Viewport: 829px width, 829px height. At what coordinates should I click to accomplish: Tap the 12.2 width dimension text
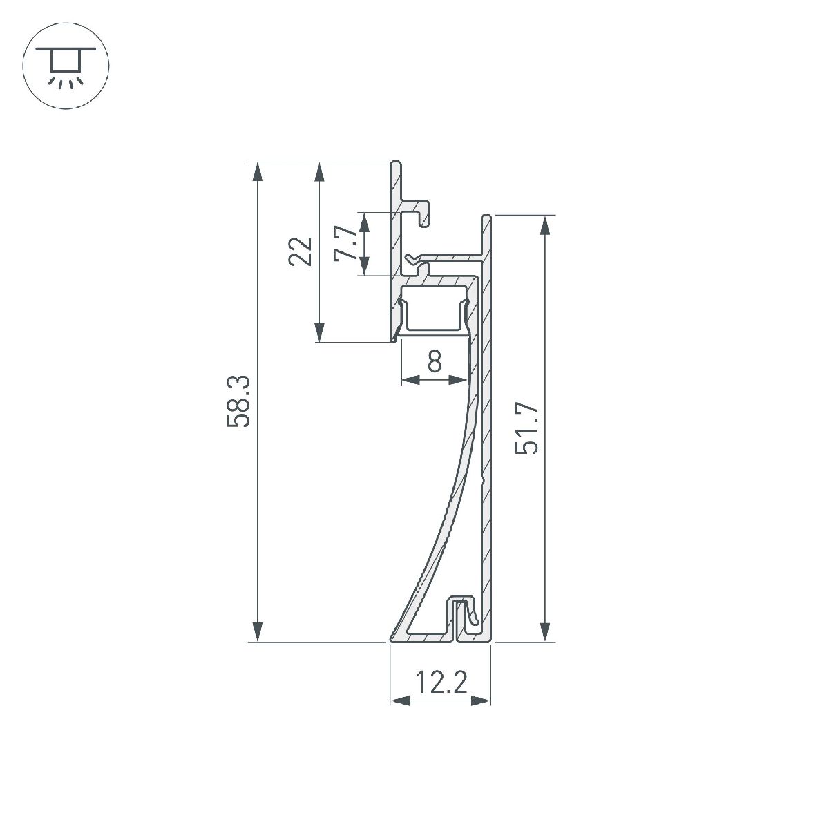(x=441, y=683)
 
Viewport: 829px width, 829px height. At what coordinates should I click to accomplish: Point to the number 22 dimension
(x=301, y=251)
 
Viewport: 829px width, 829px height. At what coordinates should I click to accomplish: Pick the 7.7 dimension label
(x=345, y=244)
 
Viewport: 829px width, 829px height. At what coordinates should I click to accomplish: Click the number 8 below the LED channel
(x=435, y=361)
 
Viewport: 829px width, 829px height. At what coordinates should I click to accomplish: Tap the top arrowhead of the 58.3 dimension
(x=257, y=172)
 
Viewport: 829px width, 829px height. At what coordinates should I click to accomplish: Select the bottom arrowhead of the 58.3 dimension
(x=257, y=632)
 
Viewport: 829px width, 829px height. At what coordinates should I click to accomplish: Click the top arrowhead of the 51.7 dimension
(x=546, y=226)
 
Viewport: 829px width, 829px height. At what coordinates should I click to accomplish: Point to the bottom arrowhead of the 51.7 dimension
(x=546, y=632)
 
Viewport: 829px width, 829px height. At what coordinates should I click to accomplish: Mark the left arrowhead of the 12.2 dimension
(x=400, y=701)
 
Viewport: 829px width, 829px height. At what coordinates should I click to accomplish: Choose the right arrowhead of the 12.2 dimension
(x=481, y=701)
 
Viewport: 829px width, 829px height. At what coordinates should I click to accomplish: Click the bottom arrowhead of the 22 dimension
(x=319, y=332)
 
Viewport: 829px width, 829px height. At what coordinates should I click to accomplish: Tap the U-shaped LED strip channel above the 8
(x=435, y=314)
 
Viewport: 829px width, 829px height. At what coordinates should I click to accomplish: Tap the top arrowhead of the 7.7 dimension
(x=364, y=221)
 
